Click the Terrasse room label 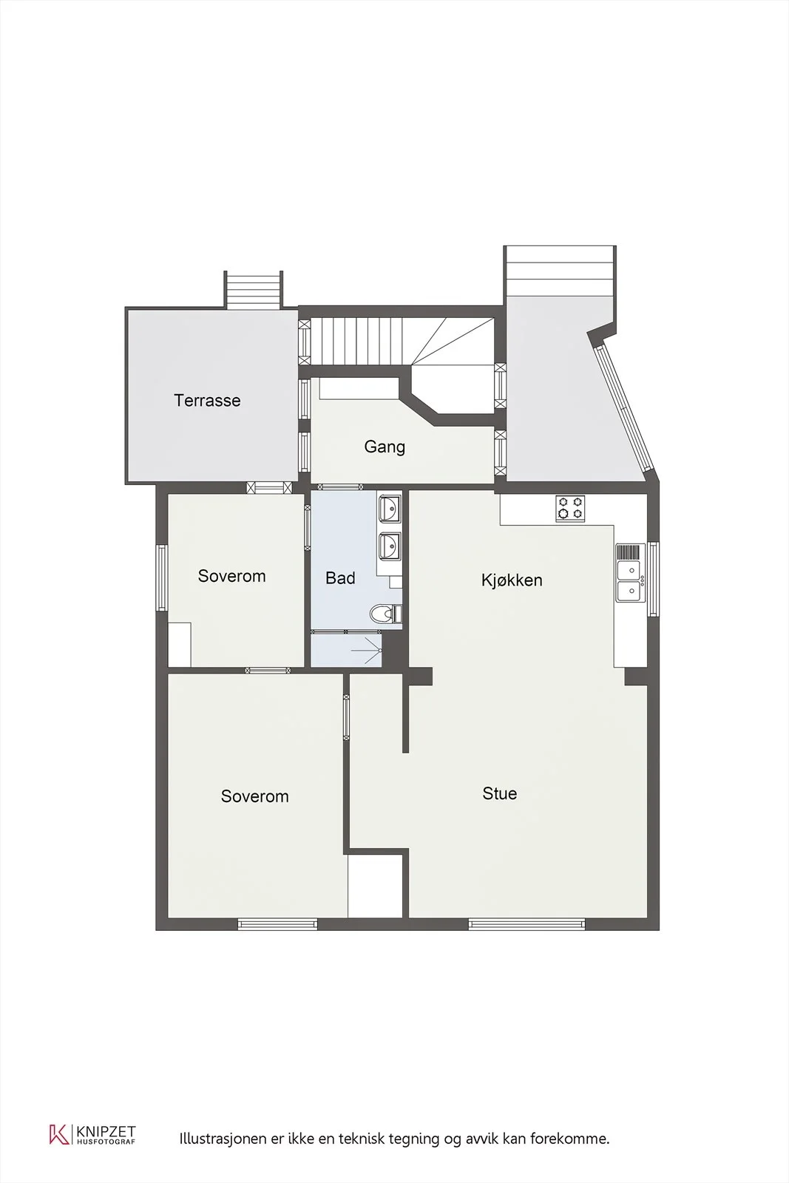[207, 400]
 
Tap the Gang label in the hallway [385, 447]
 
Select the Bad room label [340, 577]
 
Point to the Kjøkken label [511, 580]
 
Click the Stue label [499, 793]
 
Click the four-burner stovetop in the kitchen [570, 509]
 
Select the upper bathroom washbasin [390, 509]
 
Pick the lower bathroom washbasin [390, 545]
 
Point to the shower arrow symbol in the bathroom [367, 650]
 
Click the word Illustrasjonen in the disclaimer [223, 1139]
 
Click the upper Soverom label [231, 576]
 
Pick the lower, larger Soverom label [254, 796]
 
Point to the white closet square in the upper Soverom [180, 644]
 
